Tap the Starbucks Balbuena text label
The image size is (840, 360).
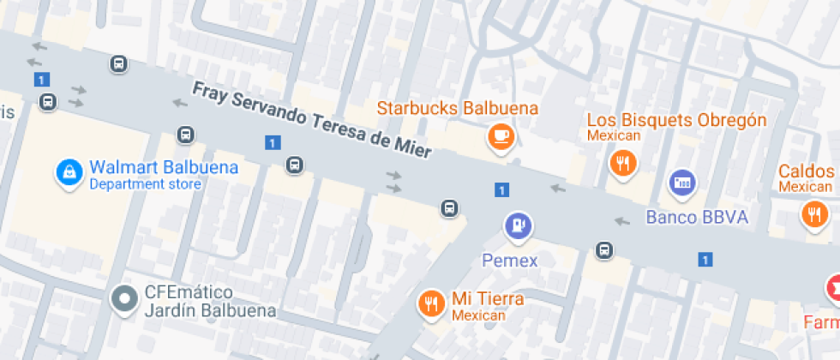click(458, 109)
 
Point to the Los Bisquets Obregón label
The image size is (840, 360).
click(676, 120)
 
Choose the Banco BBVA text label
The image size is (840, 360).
click(697, 217)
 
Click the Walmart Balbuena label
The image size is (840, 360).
click(164, 167)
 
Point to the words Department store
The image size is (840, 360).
click(145, 184)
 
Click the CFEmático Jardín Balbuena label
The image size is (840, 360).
click(196, 301)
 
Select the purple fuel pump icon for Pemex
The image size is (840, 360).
click(517, 225)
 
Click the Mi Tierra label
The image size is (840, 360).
click(488, 299)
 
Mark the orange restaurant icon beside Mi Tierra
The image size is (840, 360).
click(430, 303)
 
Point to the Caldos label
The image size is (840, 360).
click(807, 171)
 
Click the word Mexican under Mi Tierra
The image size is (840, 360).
click(478, 316)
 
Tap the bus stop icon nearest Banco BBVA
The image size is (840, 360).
click(604, 250)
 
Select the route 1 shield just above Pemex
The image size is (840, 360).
click(501, 189)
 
